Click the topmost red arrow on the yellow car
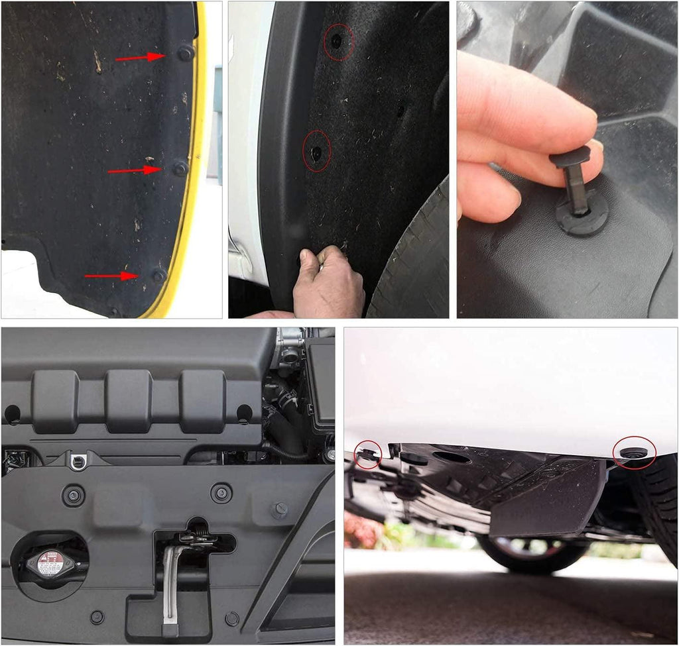(140, 58)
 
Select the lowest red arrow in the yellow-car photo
(111, 276)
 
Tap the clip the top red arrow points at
(186, 52)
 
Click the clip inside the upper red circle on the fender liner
(338, 41)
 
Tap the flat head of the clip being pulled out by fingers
(569, 157)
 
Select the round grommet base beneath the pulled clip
(582, 218)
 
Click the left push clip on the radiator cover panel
(72, 495)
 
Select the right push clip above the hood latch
(221, 492)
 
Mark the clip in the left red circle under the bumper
(366, 454)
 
